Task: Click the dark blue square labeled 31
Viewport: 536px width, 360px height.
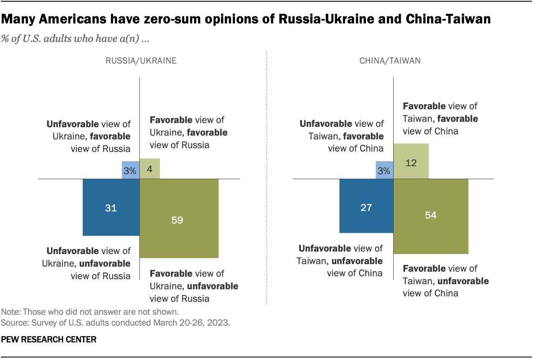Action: [x=111, y=207]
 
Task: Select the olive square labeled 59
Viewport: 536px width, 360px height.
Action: [x=179, y=218]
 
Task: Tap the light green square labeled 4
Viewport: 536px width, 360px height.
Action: [x=149, y=169]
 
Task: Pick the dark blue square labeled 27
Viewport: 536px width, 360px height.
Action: [x=366, y=206]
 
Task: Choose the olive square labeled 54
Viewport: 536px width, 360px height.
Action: [x=431, y=216]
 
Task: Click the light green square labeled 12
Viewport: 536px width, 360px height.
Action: [x=411, y=161]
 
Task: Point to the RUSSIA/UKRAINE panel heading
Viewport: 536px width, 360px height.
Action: [x=141, y=61]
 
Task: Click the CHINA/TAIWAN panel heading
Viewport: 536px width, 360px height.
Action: [x=390, y=61]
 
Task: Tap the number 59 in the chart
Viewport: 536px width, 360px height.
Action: [x=177, y=220]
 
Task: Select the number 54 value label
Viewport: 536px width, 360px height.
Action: [x=431, y=215]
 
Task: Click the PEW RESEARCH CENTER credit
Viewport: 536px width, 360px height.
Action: [x=49, y=340]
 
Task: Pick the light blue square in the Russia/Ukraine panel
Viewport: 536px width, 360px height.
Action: [x=131, y=170]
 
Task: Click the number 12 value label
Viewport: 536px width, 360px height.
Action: [x=411, y=162]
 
